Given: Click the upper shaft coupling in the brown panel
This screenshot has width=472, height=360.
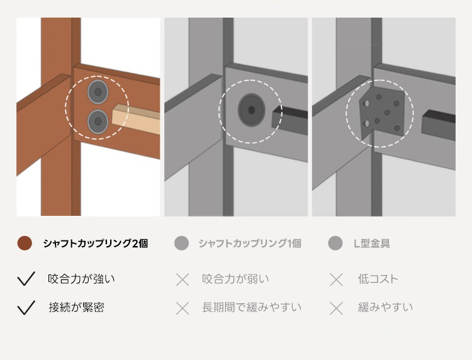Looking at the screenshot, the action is point(98,91).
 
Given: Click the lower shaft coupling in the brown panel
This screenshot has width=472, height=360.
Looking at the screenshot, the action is point(98,121).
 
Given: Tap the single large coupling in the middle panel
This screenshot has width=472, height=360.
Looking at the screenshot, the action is point(252,110).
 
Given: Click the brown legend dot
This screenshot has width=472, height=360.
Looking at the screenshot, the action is point(25,243).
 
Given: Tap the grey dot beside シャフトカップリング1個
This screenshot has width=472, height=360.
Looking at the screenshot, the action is point(181,243).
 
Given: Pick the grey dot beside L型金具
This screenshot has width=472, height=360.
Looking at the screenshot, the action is point(335,243).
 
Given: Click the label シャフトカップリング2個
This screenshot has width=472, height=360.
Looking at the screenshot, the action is point(95,243).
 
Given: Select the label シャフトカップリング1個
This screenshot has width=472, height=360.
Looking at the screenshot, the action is point(250,243).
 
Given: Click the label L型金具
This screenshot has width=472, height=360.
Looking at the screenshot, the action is point(372,243).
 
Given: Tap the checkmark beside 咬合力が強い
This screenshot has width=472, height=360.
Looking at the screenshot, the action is point(26,278).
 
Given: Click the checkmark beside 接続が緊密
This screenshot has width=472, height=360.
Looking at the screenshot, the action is point(26,307).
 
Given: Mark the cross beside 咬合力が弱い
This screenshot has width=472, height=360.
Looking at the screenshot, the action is point(183,279).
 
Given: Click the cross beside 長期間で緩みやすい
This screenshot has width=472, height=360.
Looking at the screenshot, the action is point(183,308).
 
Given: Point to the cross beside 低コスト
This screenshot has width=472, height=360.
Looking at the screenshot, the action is point(336,279).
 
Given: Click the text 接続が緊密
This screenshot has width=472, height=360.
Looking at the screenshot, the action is point(76,307).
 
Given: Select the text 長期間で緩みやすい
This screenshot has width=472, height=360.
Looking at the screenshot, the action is point(252,307).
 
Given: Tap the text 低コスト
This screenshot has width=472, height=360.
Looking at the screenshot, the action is point(378,279).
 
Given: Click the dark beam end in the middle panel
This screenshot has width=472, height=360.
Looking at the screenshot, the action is point(289,120).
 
